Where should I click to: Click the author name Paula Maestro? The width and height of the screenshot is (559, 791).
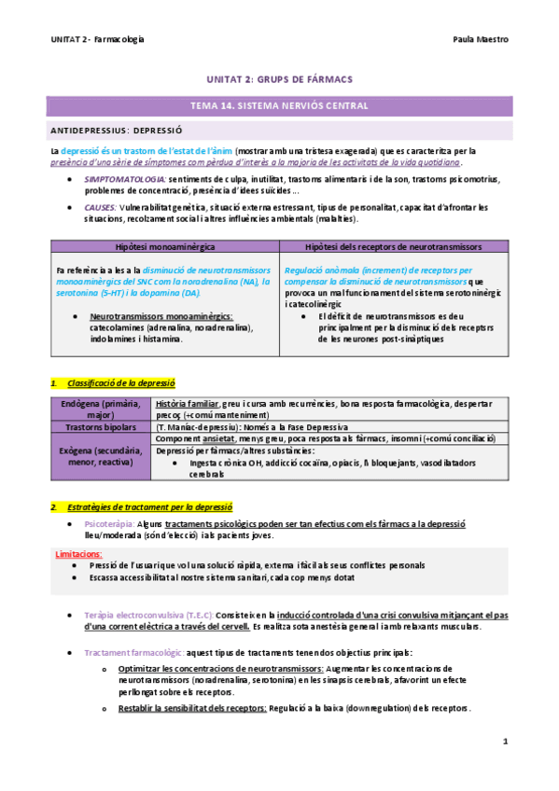pyautogui.click(x=482, y=41)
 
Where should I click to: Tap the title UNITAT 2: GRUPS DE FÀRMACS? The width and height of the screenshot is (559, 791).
pyautogui.click(x=279, y=81)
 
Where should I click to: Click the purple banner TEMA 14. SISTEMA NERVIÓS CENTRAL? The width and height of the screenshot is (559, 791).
pyautogui.click(x=279, y=105)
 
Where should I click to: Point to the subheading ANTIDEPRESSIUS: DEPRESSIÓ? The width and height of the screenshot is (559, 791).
pyautogui.click(x=117, y=131)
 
